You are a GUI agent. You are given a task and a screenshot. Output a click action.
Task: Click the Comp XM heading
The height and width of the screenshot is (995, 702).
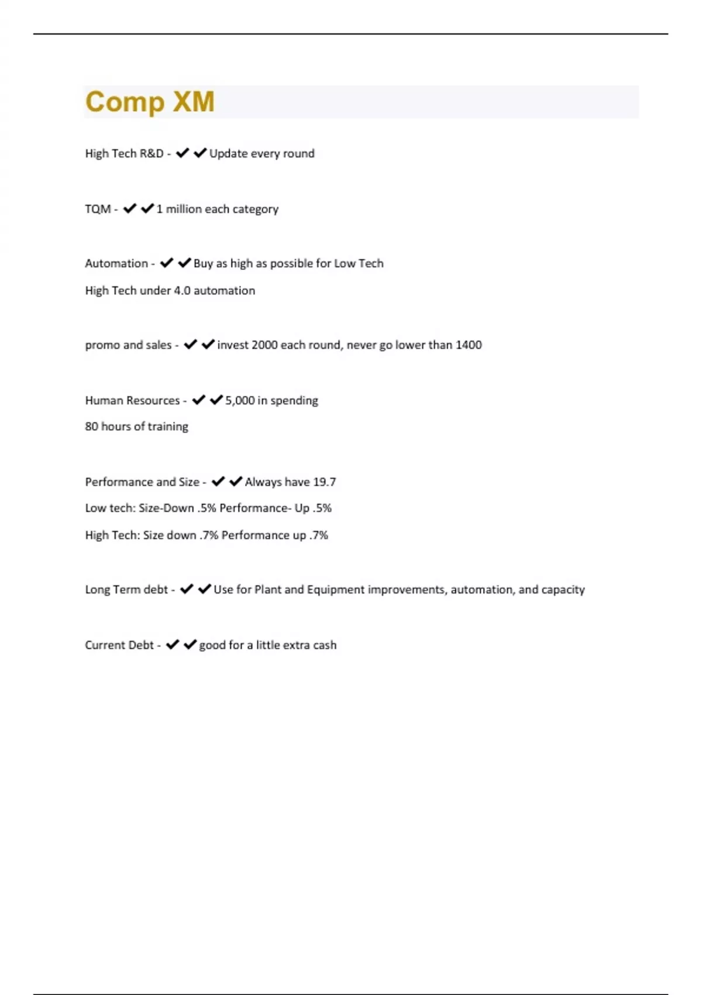(x=150, y=102)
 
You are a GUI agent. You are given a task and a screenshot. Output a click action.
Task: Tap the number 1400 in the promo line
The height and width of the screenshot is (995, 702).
(x=469, y=345)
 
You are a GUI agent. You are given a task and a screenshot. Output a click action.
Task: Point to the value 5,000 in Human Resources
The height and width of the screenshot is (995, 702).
(x=240, y=400)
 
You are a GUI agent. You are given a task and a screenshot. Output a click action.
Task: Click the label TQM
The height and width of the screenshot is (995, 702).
(x=98, y=209)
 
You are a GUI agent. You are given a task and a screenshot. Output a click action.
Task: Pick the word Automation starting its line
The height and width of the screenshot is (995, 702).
(x=116, y=263)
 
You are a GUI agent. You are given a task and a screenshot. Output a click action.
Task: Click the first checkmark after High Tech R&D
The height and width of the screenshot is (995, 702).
(x=183, y=153)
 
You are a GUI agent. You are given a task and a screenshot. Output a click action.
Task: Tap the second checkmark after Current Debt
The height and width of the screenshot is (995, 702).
(x=190, y=644)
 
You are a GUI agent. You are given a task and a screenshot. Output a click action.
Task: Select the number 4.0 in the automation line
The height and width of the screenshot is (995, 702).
(x=182, y=290)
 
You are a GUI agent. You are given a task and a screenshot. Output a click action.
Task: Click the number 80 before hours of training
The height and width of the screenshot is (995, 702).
(x=91, y=426)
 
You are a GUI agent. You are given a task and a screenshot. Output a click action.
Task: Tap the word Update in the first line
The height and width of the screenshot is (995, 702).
(x=228, y=153)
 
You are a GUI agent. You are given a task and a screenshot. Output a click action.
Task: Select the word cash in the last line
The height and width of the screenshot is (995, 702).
(x=325, y=645)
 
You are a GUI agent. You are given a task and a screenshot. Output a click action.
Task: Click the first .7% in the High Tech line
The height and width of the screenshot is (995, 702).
(x=208, y=535)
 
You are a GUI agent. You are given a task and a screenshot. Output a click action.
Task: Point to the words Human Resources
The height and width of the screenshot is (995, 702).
(x=132, y=400)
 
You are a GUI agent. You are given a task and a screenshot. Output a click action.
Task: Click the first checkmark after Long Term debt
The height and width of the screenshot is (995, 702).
(x=187, y=589)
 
